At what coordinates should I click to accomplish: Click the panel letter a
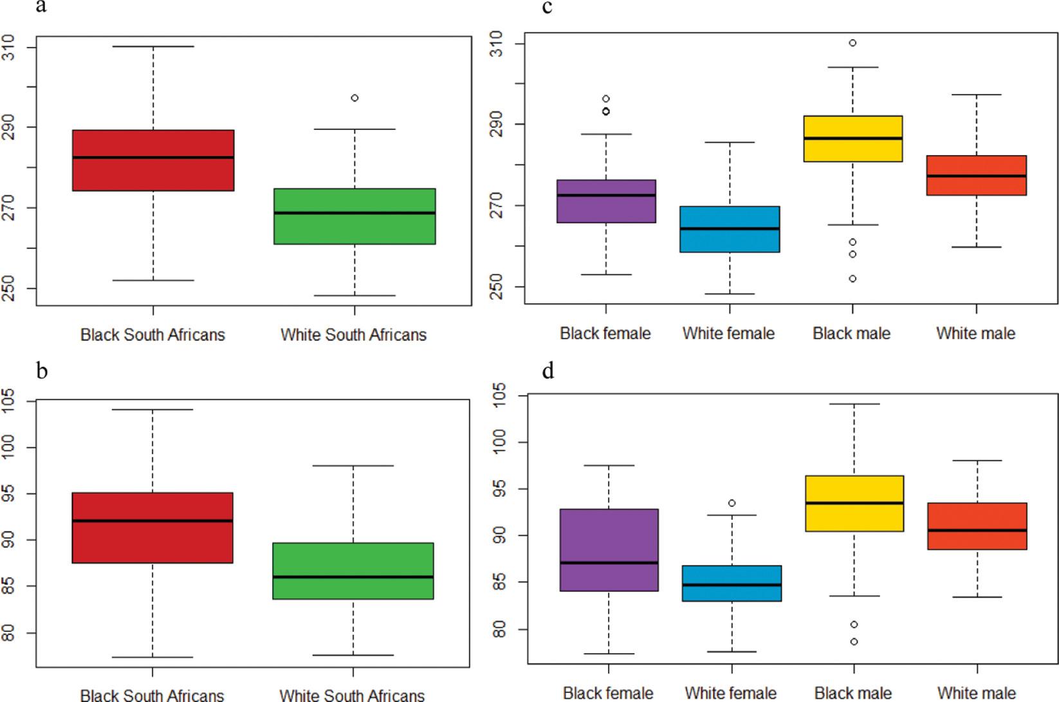[41, 6]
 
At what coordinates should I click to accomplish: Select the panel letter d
[548, 371]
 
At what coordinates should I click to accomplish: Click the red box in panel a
[153, 160]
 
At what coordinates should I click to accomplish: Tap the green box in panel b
[353, 571]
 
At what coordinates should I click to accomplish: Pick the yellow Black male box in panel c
[853, 138]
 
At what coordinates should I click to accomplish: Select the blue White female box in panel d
[732, 584]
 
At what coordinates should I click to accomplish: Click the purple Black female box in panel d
[609, 550]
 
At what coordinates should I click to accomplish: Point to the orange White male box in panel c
[976, 175]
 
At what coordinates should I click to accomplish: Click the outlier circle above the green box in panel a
[355, 98]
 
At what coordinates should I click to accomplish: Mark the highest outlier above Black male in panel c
[852, 43]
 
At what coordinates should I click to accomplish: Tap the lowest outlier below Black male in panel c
[852, 279]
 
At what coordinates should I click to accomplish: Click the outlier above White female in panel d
[732, 503]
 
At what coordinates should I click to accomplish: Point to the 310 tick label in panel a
[8, 47]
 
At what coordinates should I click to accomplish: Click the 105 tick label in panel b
[8, 402]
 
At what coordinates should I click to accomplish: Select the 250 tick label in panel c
[497, 286]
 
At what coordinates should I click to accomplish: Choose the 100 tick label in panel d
[499, 442]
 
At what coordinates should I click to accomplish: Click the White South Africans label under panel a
[354, 335]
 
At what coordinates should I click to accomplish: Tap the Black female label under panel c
[605, 333]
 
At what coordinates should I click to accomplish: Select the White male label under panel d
[977, 693]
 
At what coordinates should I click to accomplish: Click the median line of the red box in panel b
[152, 521]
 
